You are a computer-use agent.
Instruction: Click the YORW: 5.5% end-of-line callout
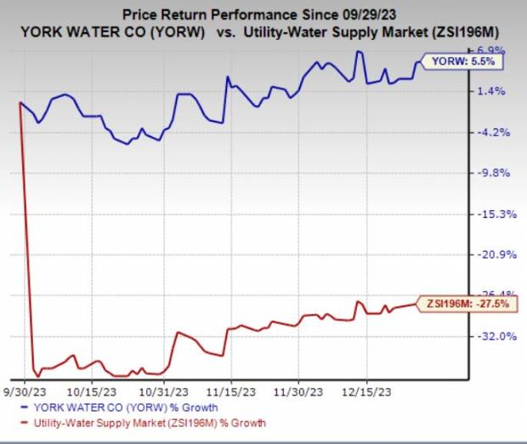click(458, 62)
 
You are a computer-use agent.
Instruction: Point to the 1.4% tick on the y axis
click(495, 91)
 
